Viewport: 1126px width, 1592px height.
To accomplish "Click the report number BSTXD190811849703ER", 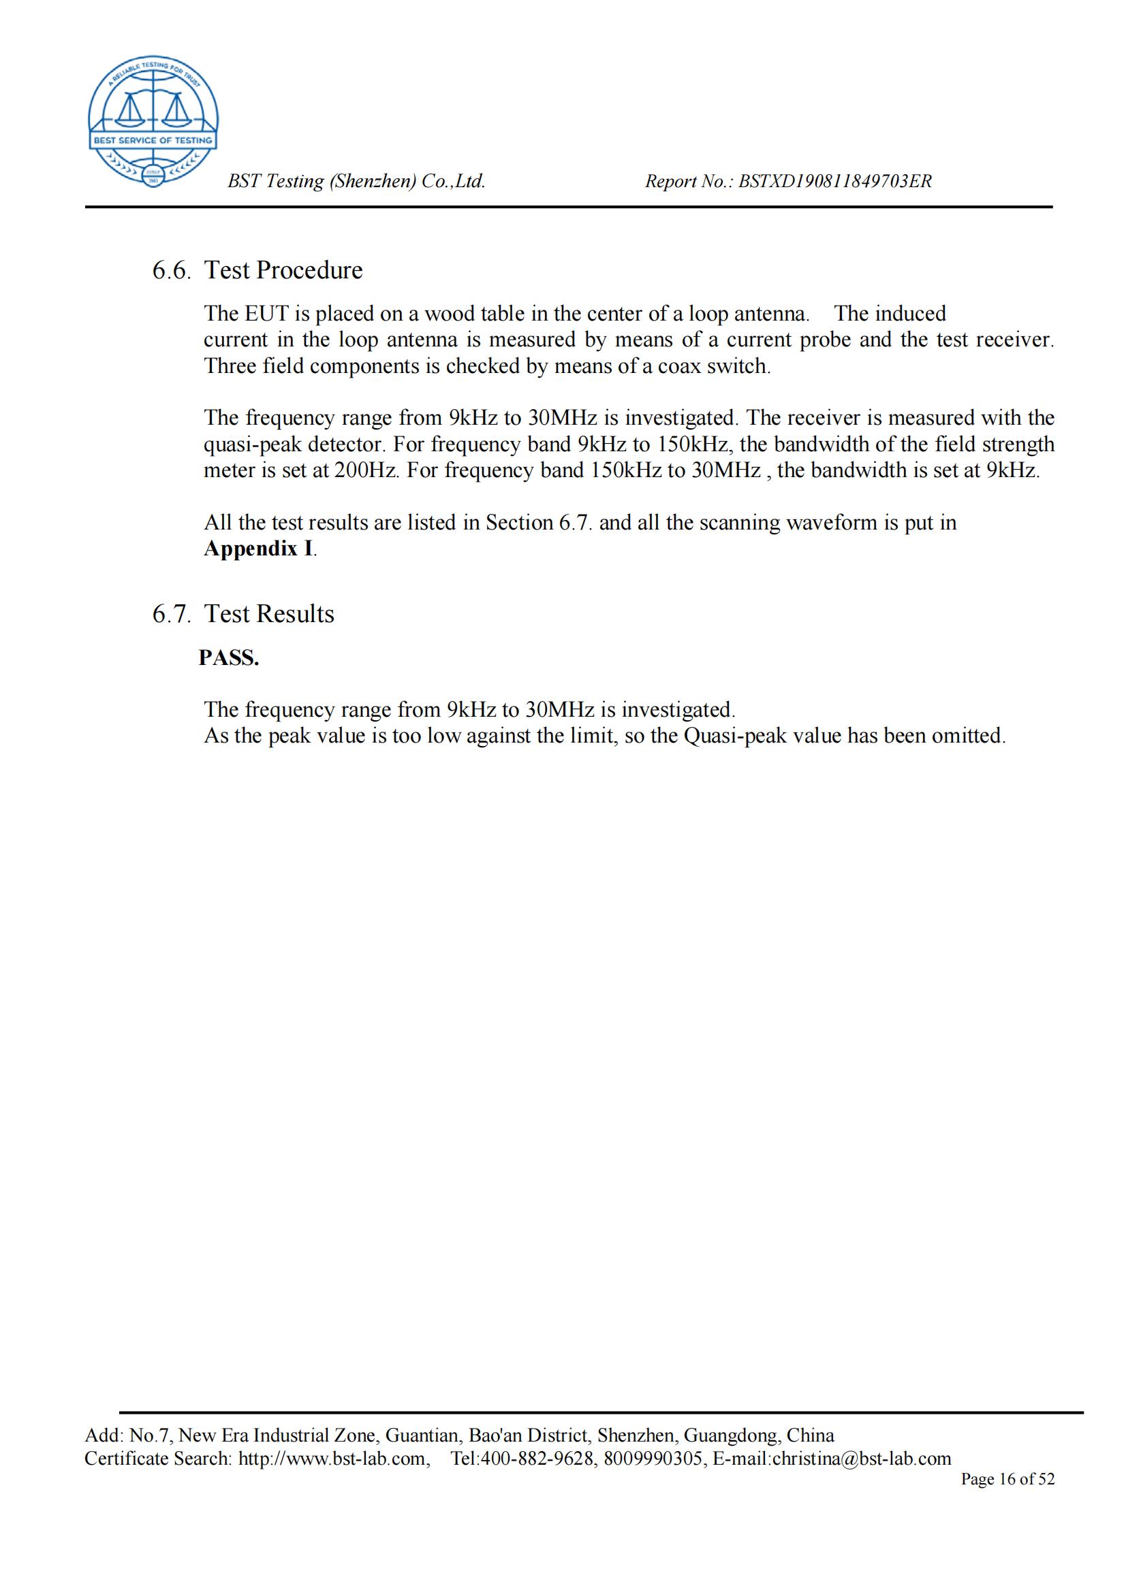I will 834,182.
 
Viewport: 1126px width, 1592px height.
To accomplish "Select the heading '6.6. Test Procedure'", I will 257,270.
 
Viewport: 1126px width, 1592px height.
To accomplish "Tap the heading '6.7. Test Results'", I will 243,615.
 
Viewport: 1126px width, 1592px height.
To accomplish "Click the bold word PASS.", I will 229,658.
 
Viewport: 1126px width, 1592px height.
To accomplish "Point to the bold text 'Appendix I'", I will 258,549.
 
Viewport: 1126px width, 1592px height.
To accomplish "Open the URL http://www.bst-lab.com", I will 332,1459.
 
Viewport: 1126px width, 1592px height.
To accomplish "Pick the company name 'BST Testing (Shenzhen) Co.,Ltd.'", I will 357,182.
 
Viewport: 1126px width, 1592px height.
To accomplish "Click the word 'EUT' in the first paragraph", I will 266,314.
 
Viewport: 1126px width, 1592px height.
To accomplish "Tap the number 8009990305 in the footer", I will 653,1459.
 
